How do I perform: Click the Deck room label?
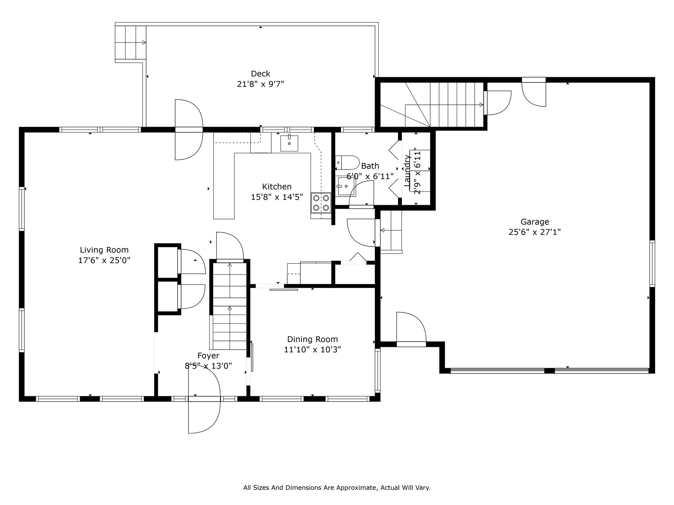pos(260,74)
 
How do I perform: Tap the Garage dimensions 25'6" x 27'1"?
pos(535,232)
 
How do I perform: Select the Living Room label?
pos(104,250)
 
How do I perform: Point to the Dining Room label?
pos(312,339)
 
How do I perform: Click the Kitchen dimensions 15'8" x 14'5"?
pos(277,197)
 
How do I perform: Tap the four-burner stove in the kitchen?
pos(321,203)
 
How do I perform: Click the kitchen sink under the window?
pos(289,143)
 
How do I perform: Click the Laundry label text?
pos(407,171)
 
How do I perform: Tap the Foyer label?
pos(209,356)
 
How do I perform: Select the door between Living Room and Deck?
pos(189,130)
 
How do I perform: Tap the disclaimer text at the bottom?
pos(337,487)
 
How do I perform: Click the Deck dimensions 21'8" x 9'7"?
pos(260,84)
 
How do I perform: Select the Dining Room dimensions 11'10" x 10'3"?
pos(312,350)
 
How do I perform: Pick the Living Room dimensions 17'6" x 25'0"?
pos(104,260)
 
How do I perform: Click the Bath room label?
pos(370,166)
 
